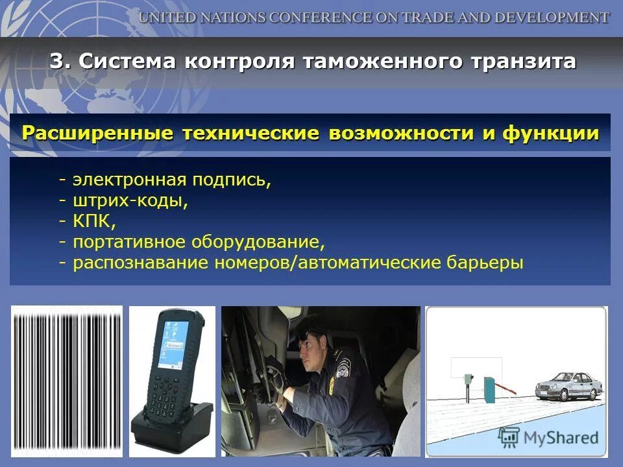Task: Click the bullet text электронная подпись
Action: click(171, 180)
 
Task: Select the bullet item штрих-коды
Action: click(130, 200)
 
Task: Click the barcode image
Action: click(67, 381)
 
